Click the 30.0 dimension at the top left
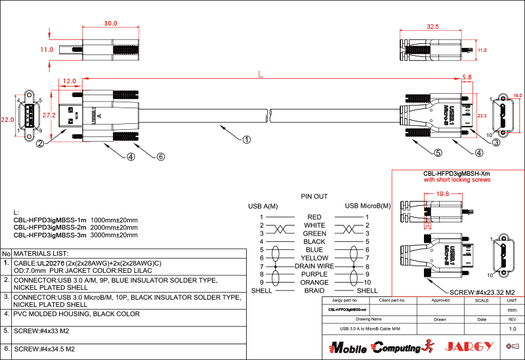[110, 23]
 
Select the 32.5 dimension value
[432, 27]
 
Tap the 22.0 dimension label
[7, 120]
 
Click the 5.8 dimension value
[467, 77]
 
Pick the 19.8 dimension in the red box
[442, 194]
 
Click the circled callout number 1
[246, 139]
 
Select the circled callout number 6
[160, 157]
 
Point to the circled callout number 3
[496, 142]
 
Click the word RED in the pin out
[314, 217]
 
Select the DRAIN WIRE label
[314, 266]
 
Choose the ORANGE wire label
[314, 283]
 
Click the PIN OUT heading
[314, 196]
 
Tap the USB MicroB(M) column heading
[367, 206]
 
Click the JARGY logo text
[469, 346]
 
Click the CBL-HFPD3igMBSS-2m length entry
[75, 227]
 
